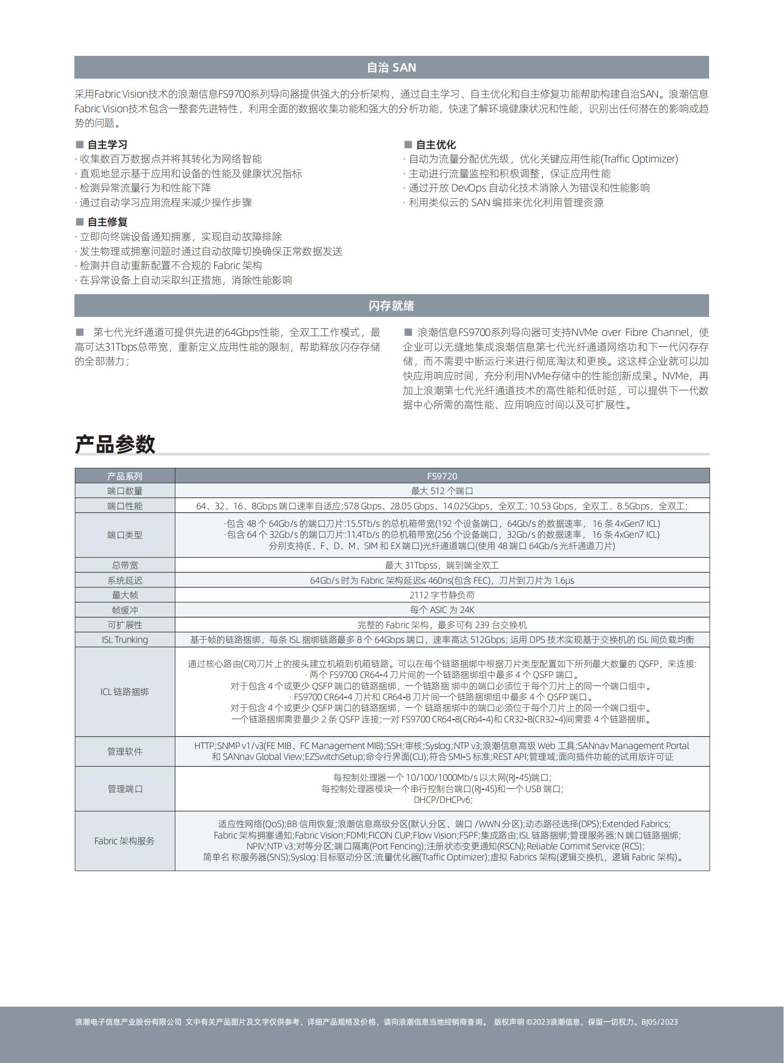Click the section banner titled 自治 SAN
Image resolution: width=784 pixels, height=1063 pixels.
tap(392, 67)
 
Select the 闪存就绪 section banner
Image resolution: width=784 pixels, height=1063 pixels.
tap(392, 306)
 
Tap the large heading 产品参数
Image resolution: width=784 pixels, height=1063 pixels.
tap(115, 444)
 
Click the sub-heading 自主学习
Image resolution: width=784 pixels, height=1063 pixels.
tap(107, 144)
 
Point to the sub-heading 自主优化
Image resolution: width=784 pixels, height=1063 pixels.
tap(436, 144)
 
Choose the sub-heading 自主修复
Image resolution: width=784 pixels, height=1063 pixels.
tap(107, 222)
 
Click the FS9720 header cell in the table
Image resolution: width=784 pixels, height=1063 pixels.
tap(442, 476)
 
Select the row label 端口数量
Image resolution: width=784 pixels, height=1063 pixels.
tap(125, 491)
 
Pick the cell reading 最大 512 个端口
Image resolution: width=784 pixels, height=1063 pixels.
tap(442, 491)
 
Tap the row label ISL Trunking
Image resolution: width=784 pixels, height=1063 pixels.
tap(125, 640)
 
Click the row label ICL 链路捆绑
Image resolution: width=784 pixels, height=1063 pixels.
tap(125, 692)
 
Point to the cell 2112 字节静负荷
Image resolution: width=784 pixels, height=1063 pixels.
tap(442, 595)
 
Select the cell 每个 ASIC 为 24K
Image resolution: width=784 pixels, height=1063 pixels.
tap(442, 610)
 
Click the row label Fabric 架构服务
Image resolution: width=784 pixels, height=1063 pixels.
tap(125, 840)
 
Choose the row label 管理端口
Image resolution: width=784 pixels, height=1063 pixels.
tap(125, 788)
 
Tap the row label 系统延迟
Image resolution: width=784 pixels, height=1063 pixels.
tap(125, 580)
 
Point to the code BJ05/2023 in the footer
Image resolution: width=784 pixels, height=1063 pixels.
tap(659, 1022)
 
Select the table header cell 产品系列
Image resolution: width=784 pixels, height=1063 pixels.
tap(125, 476)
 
